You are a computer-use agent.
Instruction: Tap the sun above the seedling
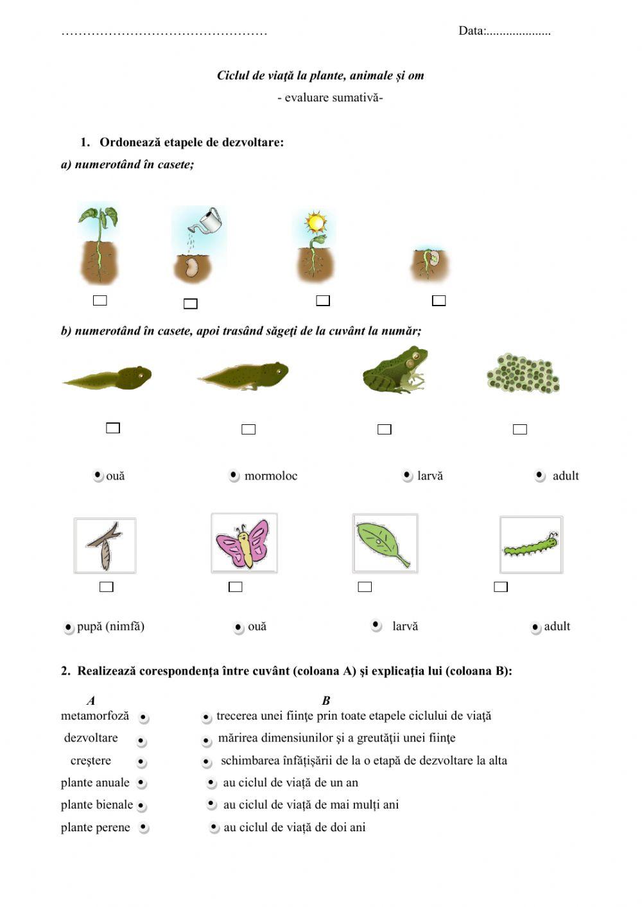coord(315,223)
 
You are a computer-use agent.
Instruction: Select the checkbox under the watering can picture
coord(191,304)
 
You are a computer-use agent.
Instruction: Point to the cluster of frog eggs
coord(523,373)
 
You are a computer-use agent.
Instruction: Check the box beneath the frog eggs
coord(520,429)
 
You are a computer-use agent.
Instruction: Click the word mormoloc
coord(271,476)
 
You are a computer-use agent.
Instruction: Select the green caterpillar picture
coord(531,545)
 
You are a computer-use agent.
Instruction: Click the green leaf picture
coord(385,544)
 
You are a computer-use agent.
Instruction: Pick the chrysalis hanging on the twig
coord(105,546)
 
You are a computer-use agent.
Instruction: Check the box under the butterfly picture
coord(236,587)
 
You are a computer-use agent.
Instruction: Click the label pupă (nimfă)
coord(110,626)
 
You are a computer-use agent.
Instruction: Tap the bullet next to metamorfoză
coord(143,718)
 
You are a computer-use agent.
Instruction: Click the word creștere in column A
coord(91,761)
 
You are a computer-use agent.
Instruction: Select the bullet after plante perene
coord(143,828)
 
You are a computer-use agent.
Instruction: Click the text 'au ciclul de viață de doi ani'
coord(295,827)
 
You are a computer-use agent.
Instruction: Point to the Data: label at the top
coord(472,31)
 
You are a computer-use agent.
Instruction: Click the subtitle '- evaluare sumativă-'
coord(330,98)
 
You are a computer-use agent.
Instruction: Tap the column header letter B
coord(325,701)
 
